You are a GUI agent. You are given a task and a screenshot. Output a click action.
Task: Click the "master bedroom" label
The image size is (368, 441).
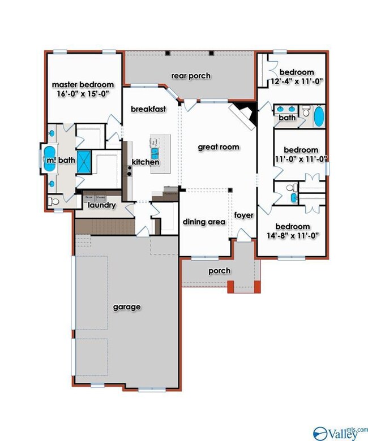pos(83,85)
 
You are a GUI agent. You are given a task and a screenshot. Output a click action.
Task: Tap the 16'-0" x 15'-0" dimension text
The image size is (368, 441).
pos(83,94)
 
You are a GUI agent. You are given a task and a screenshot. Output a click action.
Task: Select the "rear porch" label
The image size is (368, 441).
pos(191,76)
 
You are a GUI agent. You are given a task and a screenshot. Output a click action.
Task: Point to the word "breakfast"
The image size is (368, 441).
pos(148,109)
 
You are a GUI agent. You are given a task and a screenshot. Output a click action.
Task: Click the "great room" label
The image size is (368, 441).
pos(219,147)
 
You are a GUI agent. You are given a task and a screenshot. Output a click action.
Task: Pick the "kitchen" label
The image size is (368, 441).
pos(146,162)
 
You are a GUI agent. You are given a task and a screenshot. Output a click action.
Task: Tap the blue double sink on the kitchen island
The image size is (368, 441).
pos(155,154)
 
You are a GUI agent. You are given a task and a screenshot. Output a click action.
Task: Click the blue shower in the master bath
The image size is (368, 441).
pos(84,161)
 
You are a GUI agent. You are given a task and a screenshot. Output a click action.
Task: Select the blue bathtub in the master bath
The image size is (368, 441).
pos(50,159)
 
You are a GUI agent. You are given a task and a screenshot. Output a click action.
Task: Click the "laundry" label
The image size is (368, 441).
pos(102,205)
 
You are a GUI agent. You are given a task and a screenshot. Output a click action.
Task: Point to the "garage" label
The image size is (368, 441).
pos(127,307)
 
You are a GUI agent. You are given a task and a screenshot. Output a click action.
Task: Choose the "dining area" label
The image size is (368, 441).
pos(204,222)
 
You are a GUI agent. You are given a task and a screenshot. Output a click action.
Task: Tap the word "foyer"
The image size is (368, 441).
pos(244,215)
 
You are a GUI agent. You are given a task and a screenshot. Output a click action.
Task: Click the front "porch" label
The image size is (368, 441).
pos(219,271)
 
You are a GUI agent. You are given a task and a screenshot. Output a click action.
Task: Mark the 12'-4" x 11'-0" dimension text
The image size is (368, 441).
pos(297,81)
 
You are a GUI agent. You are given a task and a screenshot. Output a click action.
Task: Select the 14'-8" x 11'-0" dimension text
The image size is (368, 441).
pos(293,235)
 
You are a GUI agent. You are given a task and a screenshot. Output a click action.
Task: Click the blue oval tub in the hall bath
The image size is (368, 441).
pos(319,116)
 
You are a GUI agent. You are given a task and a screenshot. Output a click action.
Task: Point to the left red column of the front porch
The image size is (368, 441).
pos(230,286)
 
